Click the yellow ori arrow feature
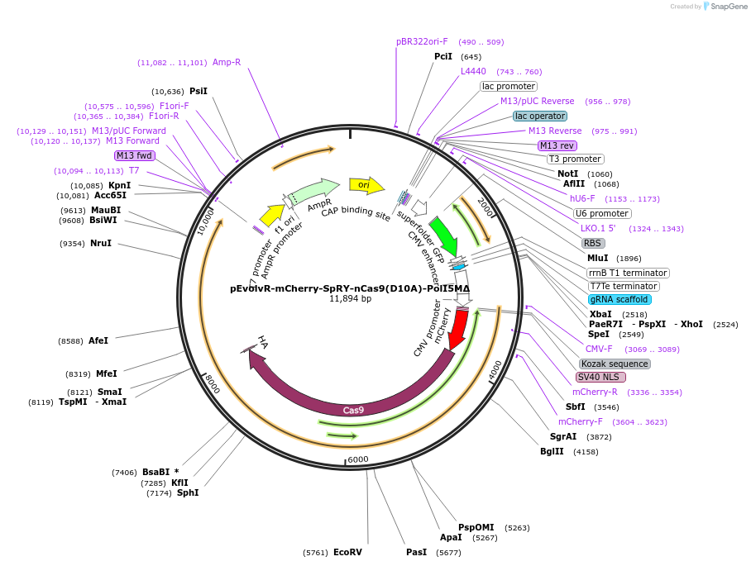pos(366,185)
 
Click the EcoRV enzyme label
pos(347,552)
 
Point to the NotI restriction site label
pos(568,174)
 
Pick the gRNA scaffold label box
pos(619,299)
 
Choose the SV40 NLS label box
pos(600,377)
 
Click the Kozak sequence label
pos(615,364)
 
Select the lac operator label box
pos(540,116)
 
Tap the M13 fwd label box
pos(135,155)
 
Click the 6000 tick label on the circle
pos(357,459)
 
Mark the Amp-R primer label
pos(227,62)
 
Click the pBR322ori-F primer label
pos(422,41)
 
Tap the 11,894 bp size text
pos(350,299)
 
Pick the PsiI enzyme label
pos(199,91)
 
